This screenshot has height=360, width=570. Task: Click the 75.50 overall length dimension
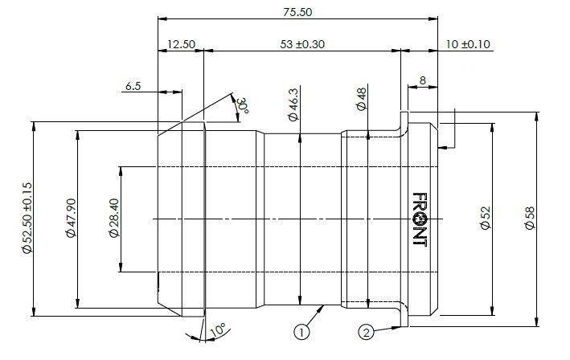297,12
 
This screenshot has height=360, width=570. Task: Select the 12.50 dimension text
182,44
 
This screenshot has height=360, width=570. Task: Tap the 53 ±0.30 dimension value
302,44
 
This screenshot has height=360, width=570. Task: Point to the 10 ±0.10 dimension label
468,44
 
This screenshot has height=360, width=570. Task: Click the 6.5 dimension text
133,86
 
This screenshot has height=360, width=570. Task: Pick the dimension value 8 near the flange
422,80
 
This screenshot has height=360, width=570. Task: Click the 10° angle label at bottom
217,329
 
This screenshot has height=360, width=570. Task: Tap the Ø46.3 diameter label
293,104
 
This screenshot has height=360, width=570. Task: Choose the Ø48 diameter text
362,99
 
